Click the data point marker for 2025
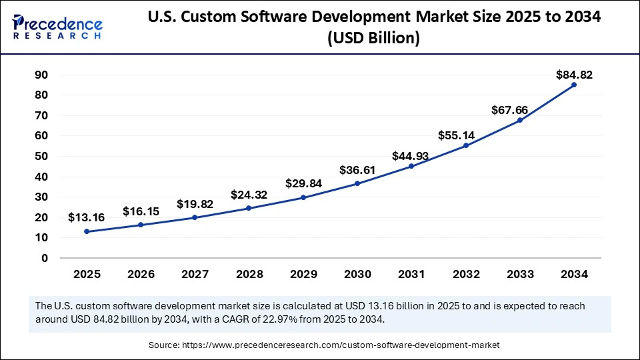[x=87, y=231]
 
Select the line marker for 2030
[x=357, y=183]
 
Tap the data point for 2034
[x=573, y=85]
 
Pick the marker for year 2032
[x=465, y=145]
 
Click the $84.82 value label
[x=574, y=75]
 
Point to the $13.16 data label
[x=86, y=217]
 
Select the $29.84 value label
[x=303, y=183]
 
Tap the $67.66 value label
[x=520, y=109]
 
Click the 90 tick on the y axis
[x=41, y=75]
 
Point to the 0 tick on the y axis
[x=45, y=258]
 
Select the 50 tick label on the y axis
[x=41, y=157]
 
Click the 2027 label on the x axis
[x=195, y=274]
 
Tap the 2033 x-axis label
[x=519, y=274]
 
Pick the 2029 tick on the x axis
[x=303, y=274]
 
